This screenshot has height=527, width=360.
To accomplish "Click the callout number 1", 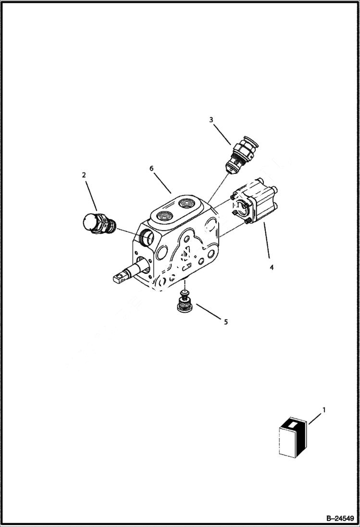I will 323,410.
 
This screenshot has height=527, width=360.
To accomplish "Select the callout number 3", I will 211,120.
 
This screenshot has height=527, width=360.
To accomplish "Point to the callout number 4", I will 272,268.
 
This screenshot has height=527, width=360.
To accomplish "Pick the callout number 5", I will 226,322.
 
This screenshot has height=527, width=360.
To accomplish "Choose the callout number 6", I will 151,169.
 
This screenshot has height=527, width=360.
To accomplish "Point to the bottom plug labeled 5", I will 184,306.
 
